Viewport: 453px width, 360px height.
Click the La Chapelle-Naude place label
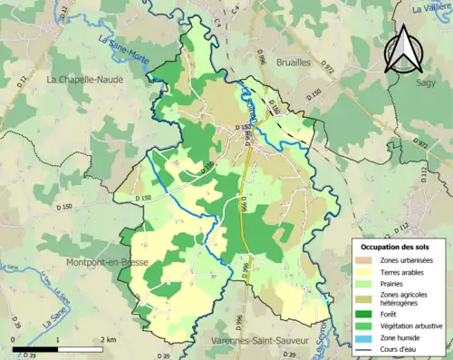tap(86, 79)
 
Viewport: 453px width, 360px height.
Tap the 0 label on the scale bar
tap(14, 339)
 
